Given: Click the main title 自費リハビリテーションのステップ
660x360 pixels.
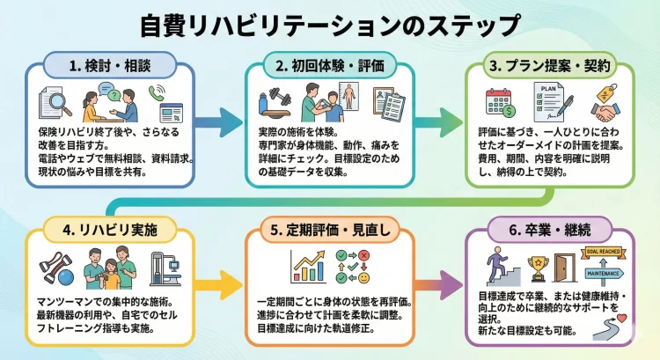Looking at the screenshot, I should point(330,24).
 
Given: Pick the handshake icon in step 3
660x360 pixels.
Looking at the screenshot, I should point(605,113).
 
